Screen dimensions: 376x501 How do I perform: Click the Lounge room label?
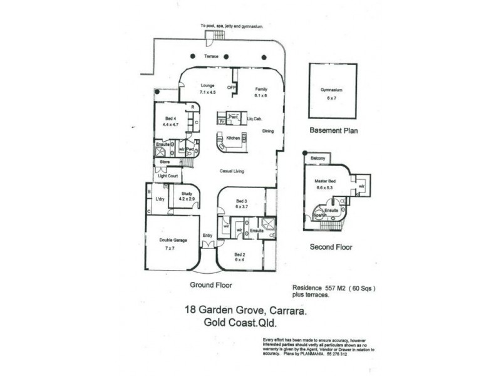pyautogui.click(x=207, y=85)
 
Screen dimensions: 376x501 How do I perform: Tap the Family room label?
pyautogui.click(x=261, y=90)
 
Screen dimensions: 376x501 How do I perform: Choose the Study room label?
pyautogui.click(x=187, y=194)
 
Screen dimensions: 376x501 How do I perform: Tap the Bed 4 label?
pyautogui.click(x=170, y=118)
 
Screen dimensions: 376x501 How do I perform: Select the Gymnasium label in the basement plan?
pyautogui.click(x=333, y=90)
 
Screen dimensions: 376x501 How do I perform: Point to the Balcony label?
pyautogui.click(x=318, y=159)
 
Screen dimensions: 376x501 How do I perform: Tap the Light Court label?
pyautogui.click(x=168, y=176)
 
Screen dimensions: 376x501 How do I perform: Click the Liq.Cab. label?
pyautogui.click(x=254, y=118)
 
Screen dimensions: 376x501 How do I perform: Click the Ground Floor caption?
pyautogui.click(x=211, y=285)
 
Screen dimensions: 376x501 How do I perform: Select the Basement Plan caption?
pyautogui.click(x=333, y=131)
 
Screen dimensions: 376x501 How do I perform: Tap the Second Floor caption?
pyautogui.click(x=331, y=247)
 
